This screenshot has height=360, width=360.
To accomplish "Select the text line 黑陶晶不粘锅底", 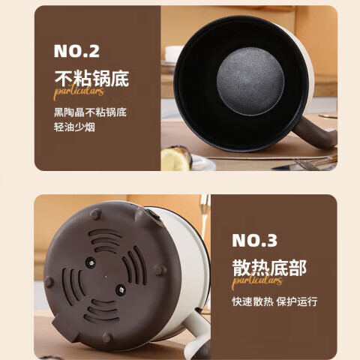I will (90, 112).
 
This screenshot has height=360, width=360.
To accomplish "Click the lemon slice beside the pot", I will (175, 158).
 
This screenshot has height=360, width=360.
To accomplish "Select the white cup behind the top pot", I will (174, 52).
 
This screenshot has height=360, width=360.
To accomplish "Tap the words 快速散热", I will (250, 301).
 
